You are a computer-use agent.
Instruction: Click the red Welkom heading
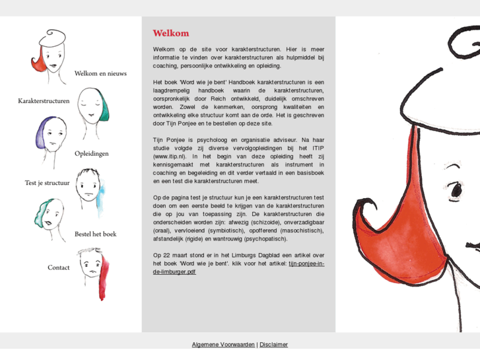point(170,33)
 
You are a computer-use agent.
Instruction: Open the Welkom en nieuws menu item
point(100,73)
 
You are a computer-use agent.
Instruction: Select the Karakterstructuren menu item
point(44,101)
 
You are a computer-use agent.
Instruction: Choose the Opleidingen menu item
point(92,154)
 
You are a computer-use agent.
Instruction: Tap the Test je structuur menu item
point(47,183)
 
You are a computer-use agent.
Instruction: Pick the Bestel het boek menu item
point(95,234)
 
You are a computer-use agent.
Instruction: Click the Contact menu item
point(58,268)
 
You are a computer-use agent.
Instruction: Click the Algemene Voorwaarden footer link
point(223,344)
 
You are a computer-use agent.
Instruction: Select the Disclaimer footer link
point(273,344)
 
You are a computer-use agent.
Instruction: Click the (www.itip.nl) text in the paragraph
point(169,156)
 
